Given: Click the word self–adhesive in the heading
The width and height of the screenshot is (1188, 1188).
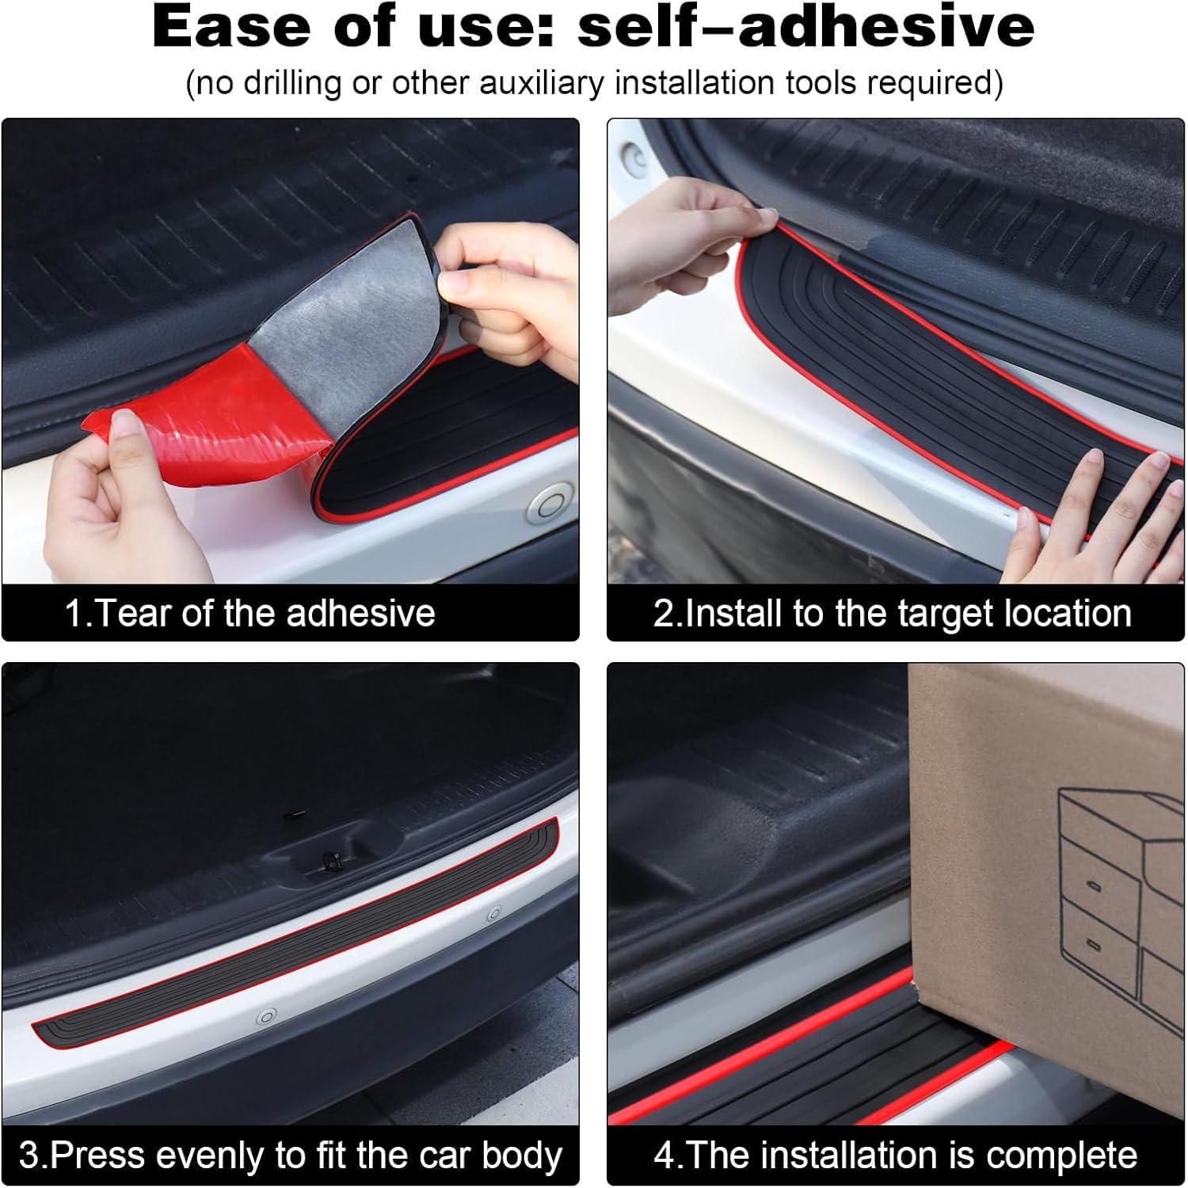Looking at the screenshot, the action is pyautogui.click(x=806, y=26).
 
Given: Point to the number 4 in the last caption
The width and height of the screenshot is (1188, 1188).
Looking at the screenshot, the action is pyautogui.click(x=664, y=1156).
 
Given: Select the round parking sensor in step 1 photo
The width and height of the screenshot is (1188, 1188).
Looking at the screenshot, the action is pyautogui.click(x=546, y=502).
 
